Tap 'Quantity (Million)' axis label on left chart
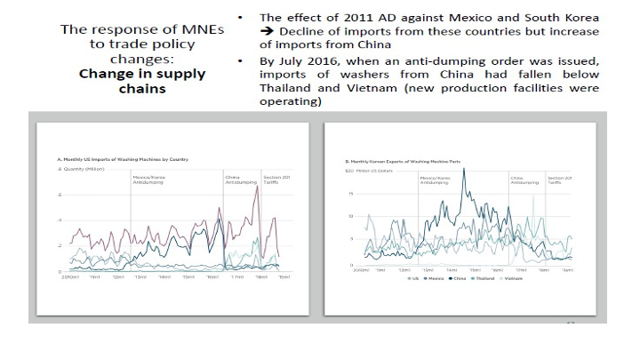(76, 168)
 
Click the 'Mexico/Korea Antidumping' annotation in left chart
(148, 179)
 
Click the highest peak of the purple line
(257, 187)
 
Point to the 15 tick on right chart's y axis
(352, 193)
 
